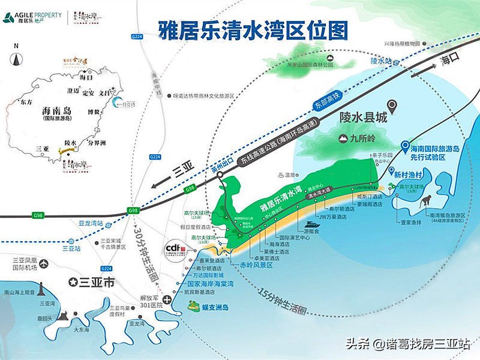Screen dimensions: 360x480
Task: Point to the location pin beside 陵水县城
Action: pyautogui.click(x=392, y=107)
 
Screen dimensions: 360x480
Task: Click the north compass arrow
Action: pyautogui.click(x=16, y=60)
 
